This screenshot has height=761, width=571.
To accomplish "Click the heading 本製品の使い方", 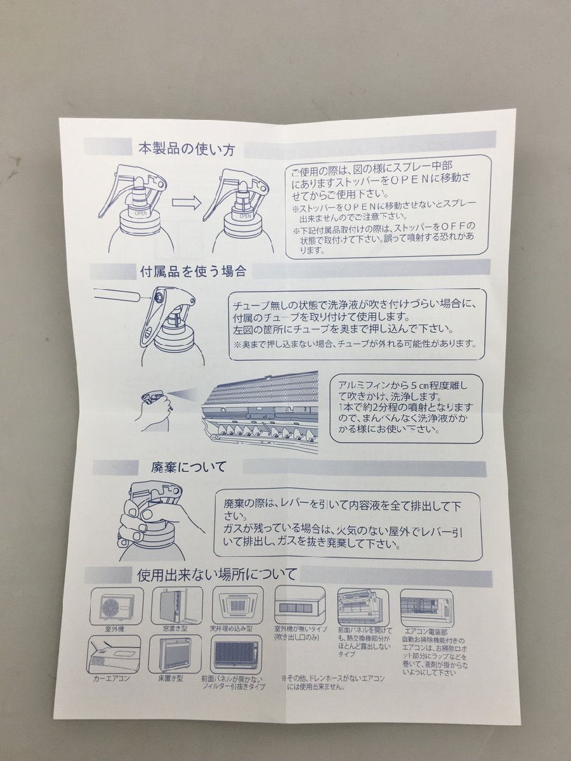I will click(x=187, y=150).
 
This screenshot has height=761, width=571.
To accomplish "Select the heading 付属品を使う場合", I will click(x=192, y=271).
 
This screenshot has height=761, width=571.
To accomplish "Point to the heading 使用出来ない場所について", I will click(x=217, y=575).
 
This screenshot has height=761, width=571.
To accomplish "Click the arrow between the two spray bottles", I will click(x=186, y=203).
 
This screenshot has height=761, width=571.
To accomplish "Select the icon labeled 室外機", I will click(x=113, y=606).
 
